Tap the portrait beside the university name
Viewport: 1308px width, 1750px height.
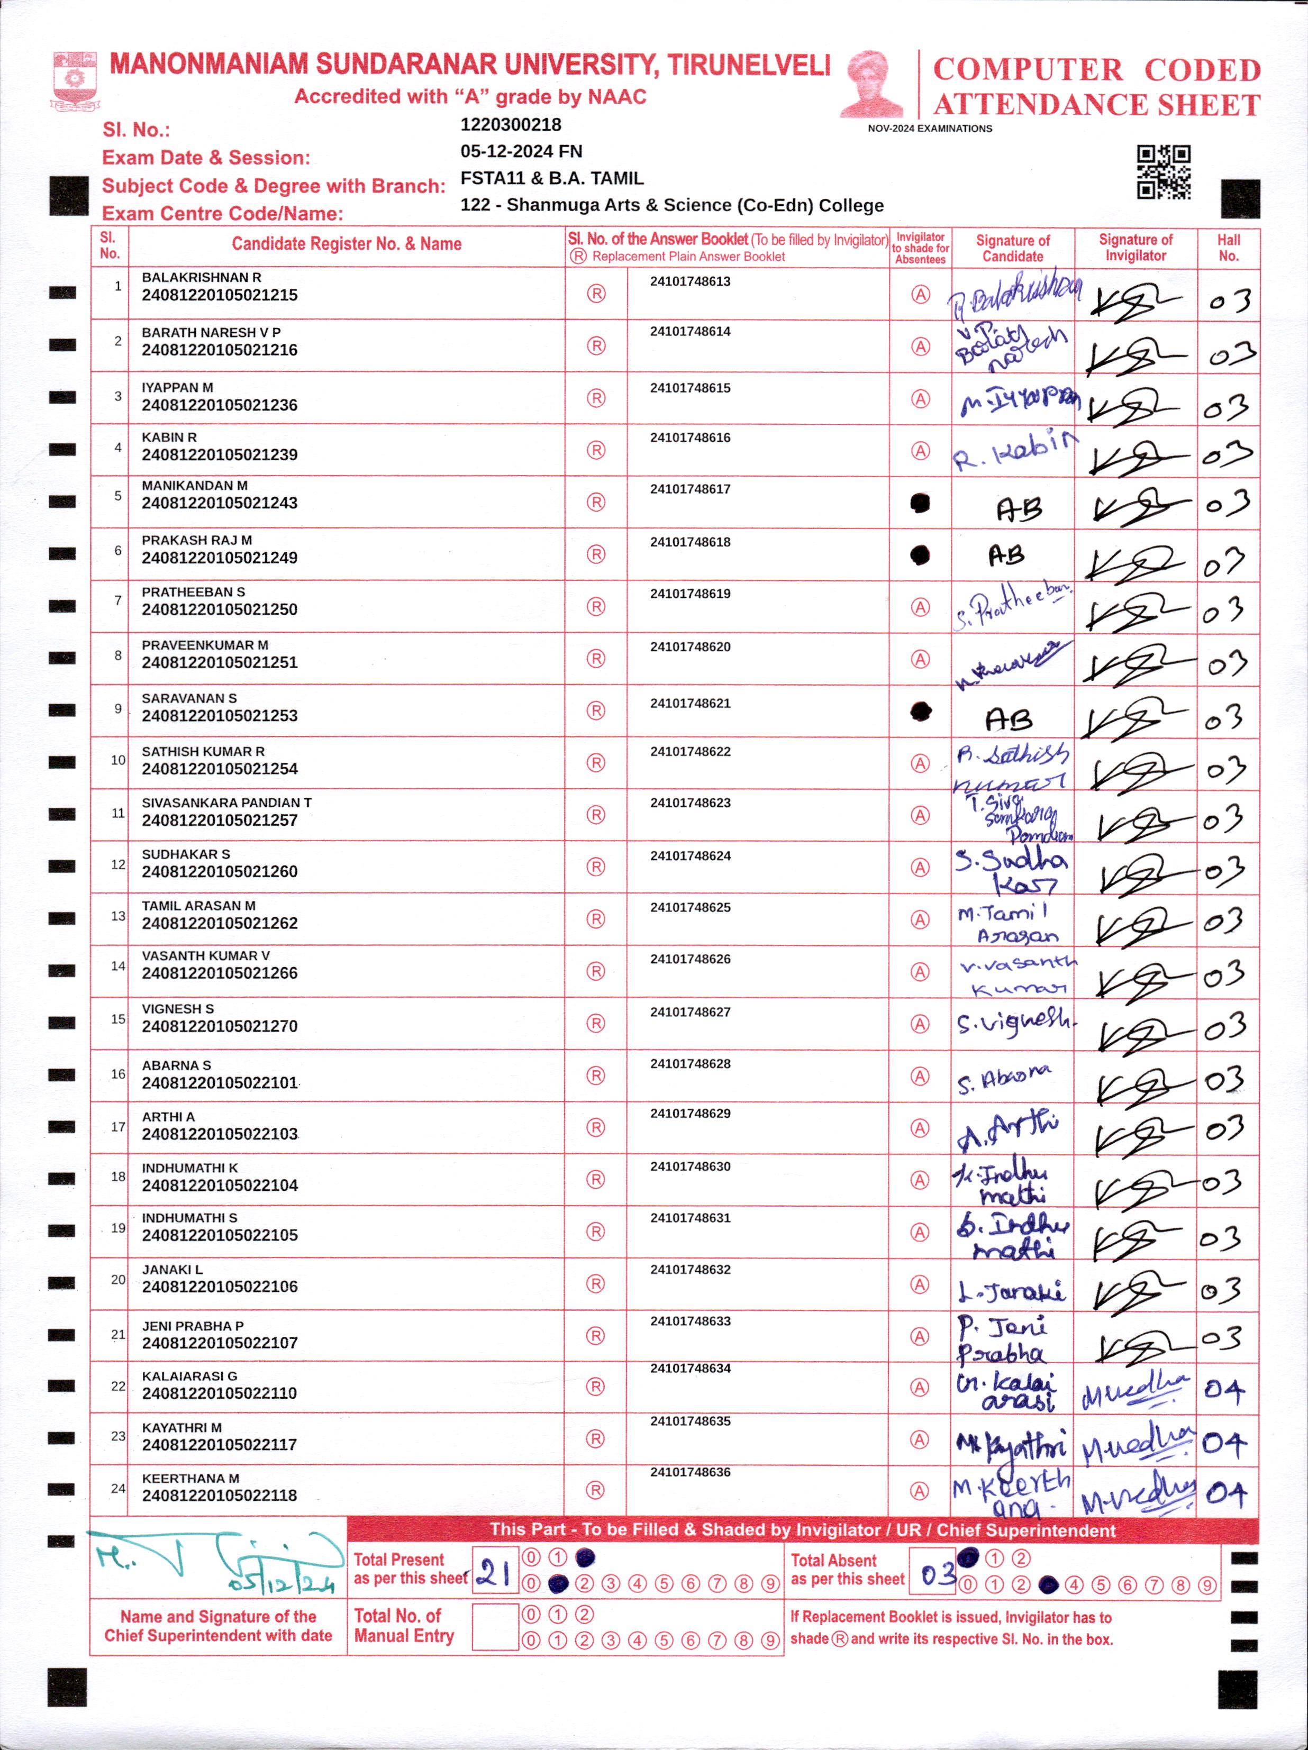[x=871, y=85]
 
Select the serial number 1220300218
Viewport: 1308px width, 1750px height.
[x=511, y=125]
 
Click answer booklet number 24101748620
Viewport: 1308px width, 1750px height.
[x=690, y=646]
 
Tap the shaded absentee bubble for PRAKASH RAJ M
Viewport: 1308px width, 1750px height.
[x=920, y=555]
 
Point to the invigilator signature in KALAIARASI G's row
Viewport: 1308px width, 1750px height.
[x=1136, y=1390]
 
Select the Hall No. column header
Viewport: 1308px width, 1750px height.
[x=1228, y=248]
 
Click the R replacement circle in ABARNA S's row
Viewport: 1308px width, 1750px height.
[x=596, y=1075]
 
